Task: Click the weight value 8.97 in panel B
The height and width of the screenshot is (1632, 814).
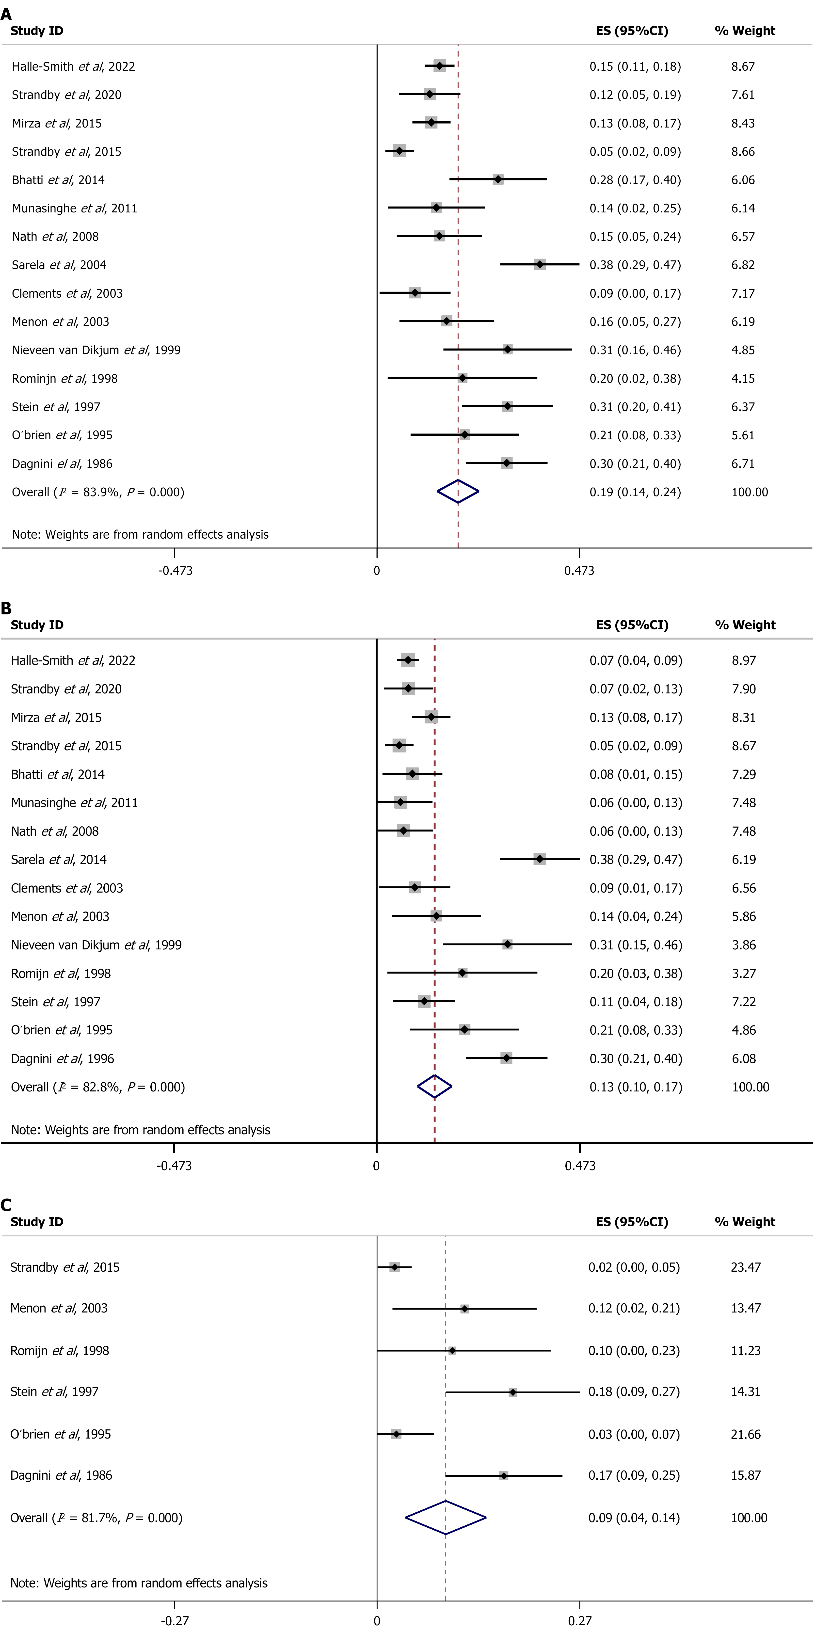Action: tap(743, 660)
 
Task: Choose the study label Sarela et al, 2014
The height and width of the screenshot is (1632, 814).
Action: tap(59, 859)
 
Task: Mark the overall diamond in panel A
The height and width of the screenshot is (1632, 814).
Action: tap(458, 492)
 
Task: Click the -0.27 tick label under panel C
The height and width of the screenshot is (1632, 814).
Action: tap(174, 1620)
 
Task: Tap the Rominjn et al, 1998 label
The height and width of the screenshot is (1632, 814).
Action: tap(65, 378)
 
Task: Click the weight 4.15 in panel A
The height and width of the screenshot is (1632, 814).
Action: tap(742, 378)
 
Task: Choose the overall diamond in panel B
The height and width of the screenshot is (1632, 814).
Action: tap(434, 1087)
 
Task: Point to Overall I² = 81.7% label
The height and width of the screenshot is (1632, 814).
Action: tap(96, 1517)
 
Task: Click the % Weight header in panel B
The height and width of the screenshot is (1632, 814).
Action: tap(745, 625)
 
